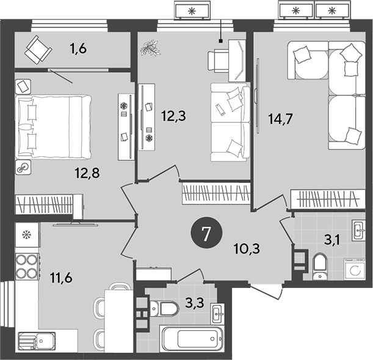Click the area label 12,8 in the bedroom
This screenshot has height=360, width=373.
[88, 172]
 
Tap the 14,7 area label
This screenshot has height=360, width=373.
[280, 119]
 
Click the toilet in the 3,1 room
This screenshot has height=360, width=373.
[320, 266]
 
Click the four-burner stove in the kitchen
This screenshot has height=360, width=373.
[26, 265]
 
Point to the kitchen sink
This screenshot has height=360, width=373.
[37, 341]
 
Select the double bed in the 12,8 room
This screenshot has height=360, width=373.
[53, 124]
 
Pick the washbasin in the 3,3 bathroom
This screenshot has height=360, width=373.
[218, 314]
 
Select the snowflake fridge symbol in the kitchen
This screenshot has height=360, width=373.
[26, 234]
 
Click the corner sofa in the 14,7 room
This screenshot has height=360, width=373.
[330, 92]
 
